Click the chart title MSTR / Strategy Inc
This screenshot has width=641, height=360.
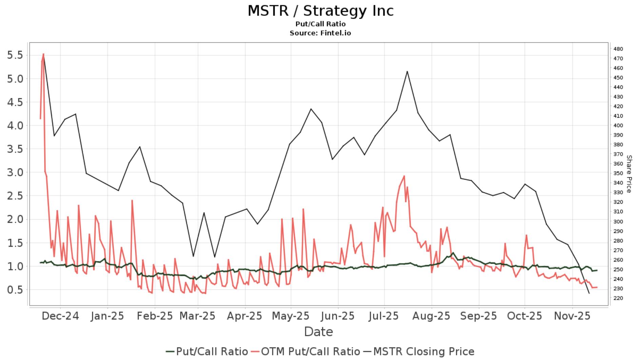point(320,11)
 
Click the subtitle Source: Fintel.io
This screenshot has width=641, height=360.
point(320,33)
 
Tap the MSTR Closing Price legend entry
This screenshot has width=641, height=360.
point(419,352)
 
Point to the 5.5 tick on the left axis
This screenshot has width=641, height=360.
point(15,55)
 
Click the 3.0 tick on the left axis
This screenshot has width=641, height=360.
point(15,173)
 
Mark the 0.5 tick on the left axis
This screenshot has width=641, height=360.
point(15,290)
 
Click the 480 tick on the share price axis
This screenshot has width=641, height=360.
point(618,49)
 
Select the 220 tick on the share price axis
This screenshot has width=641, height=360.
point(618,298)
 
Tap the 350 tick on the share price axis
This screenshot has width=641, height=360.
point(618,173)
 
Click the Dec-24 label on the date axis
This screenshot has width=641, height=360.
point(60,316)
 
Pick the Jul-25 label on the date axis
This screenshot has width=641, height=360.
point(384,316)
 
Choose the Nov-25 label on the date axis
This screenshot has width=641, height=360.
point(572,316)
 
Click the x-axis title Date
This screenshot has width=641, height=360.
point(318,332)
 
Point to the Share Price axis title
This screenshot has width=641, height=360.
point(629,174)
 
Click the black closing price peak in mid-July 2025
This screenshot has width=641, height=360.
point(407,72)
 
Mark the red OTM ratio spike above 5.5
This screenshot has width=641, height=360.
point(43,54)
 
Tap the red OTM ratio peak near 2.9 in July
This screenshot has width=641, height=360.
point(404,176)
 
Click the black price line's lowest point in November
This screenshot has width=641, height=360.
point(589,293)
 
